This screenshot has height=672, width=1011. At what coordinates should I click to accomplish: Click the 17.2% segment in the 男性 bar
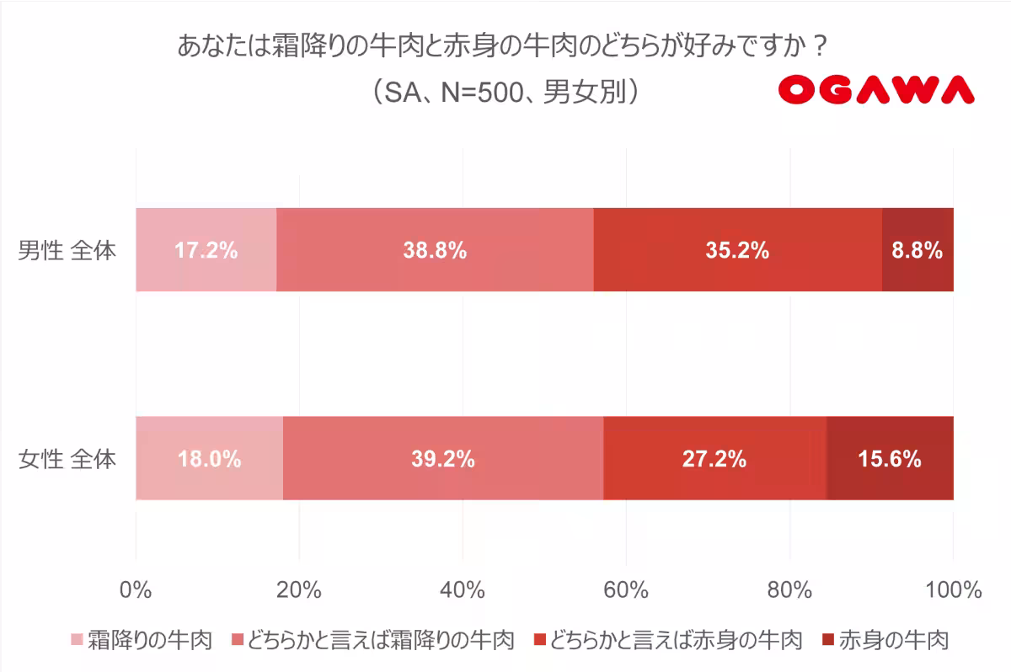tap(206, 250)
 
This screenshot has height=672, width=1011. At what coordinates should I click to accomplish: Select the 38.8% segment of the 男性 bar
tap(435, 250)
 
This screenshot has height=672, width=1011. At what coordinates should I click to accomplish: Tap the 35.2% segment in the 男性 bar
tap(737, 250)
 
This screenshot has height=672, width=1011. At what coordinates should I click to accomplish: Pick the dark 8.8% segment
tap(917, 250)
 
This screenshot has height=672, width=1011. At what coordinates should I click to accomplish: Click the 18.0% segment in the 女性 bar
tap(209, 459)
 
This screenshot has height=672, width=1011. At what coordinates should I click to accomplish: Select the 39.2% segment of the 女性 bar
tap(443, 459)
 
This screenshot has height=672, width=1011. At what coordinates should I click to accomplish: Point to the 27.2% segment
tap(714, 459)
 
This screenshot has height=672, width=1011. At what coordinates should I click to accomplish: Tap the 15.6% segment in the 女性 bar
tap(890, 459)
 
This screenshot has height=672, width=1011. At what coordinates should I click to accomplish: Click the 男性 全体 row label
tap(67, 251)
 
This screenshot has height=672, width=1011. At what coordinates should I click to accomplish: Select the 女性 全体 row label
tap(67, 460)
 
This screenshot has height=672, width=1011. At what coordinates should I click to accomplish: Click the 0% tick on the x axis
tap(135, 589)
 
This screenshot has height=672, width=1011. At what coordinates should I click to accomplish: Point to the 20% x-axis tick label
tap(299, 589)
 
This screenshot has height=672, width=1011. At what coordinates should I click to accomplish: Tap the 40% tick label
tap(463, 589)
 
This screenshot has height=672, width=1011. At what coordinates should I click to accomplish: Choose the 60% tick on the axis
tap(626, 589)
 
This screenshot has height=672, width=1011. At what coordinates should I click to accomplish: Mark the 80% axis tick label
tap(789, 589)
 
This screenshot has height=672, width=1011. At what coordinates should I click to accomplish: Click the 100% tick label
tap(952, 589)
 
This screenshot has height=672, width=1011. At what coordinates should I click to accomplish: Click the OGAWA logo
tap(875, 90)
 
